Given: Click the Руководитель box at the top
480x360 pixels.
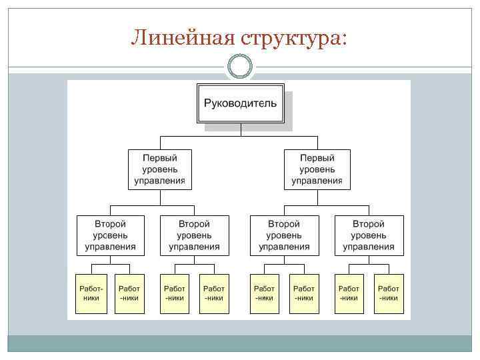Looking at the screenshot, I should coord(240,103).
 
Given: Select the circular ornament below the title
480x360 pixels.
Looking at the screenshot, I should coord(239,66).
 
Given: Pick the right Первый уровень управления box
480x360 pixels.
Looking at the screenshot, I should coord(317,169).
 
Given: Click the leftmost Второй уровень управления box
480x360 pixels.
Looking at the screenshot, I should coord(110,235).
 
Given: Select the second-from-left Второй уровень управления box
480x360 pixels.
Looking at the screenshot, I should coord(194,235).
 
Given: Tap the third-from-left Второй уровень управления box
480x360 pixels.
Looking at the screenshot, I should coord(284,235).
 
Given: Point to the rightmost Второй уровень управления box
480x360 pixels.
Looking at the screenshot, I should coord(369,235).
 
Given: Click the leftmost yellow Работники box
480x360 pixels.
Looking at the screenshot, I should coord(91,293).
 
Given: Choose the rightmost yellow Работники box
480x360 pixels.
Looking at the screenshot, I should coord(389,293).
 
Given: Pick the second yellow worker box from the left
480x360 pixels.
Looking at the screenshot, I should coord(129,293).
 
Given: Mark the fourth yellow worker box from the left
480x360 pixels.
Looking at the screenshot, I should coord(214,293).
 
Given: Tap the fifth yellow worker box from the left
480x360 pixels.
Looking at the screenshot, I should coord(264,293).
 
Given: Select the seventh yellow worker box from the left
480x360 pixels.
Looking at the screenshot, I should coord(349,293).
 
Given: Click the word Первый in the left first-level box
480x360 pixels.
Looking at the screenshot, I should coord(159,158).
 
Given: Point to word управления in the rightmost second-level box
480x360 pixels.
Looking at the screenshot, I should coord(369,247).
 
